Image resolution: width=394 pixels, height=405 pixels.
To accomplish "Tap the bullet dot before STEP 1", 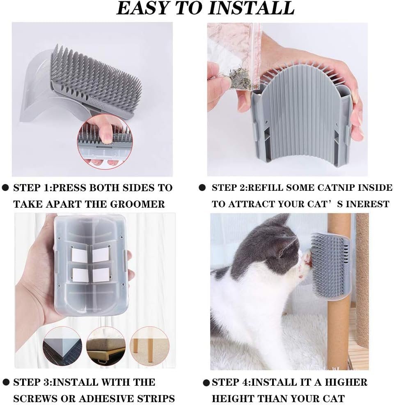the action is pyautogui.click(x=5, y=188).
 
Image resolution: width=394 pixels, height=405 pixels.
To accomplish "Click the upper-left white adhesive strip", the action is pyautogui.click(x=80, y=255).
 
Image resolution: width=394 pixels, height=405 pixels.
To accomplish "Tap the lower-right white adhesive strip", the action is pyautogui.click(x=101, y=275).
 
